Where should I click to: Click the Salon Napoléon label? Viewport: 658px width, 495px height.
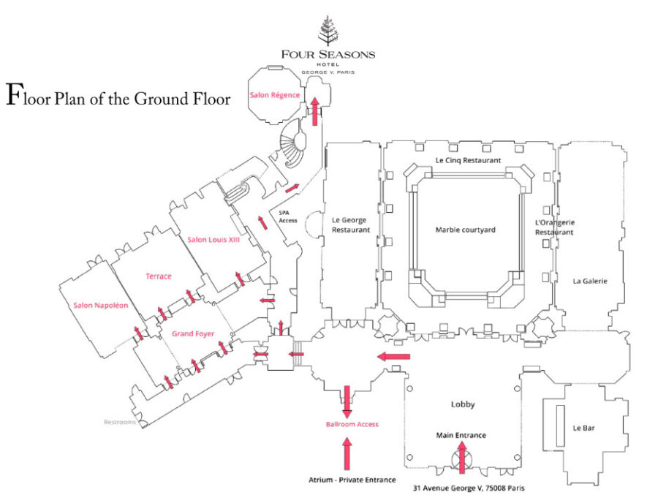click(x=102, y=305)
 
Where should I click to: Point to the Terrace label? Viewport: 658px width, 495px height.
click(x=159, y=276)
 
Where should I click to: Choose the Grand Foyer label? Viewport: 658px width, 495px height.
click(x=193, y=333)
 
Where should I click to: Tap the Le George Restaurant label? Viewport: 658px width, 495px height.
click(x=352, y=224)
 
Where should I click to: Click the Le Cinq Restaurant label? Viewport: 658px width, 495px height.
click(x=468, y=159)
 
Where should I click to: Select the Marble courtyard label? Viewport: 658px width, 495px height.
click(x=466, y=230)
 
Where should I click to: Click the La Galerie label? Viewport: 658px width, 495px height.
click(x=590, y=280)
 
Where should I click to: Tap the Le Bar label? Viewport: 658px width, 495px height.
click(x=583, y=428)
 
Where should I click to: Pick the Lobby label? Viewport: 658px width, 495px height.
click(x=463, y=404)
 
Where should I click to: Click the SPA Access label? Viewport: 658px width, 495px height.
click(x=289, y=216)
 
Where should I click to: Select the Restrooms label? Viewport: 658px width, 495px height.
click(x=120, y=422)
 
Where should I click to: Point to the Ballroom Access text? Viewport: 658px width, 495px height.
click(x=352, y=424)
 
